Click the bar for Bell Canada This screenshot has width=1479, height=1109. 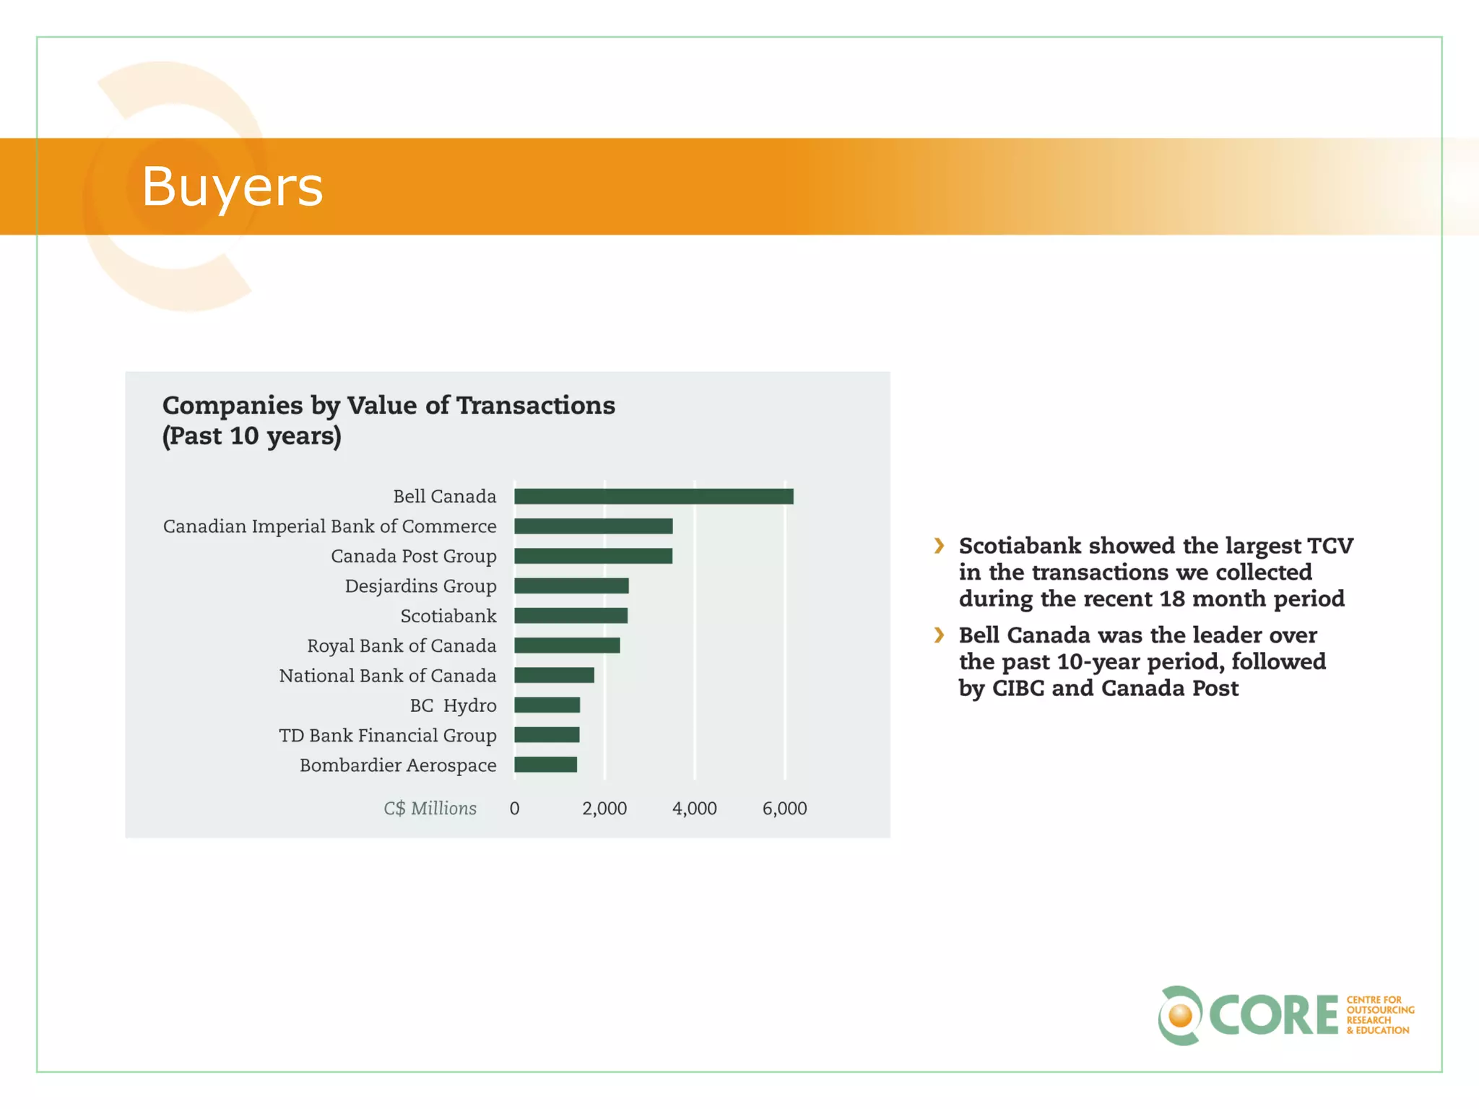point(654,497)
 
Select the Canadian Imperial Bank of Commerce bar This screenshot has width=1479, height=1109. point(593,526)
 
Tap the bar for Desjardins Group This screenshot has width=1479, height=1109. point(571,586)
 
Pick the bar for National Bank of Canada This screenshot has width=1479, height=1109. point(554,675)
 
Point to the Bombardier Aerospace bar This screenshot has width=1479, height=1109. point(545,765)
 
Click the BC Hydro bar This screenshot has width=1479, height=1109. point(547,705)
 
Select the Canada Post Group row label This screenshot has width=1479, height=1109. point(413,557)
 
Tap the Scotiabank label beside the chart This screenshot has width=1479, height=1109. point(448,616)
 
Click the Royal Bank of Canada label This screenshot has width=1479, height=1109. point(402,646)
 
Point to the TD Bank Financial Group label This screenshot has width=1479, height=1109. point(388,736)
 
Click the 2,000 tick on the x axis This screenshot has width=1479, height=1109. point(604,809)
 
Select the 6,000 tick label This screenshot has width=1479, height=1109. point(784,809)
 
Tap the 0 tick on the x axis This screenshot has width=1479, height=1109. point(514,809)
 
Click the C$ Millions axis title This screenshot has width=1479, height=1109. point(430,809)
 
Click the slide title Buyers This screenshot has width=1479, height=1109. point(232,186)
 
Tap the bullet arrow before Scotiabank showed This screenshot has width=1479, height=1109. point(939,546)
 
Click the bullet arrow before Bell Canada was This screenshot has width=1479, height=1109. point(939,635)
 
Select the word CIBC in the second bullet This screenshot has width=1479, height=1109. point(1018,688)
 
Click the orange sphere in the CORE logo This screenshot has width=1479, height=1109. point(1180,1016)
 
